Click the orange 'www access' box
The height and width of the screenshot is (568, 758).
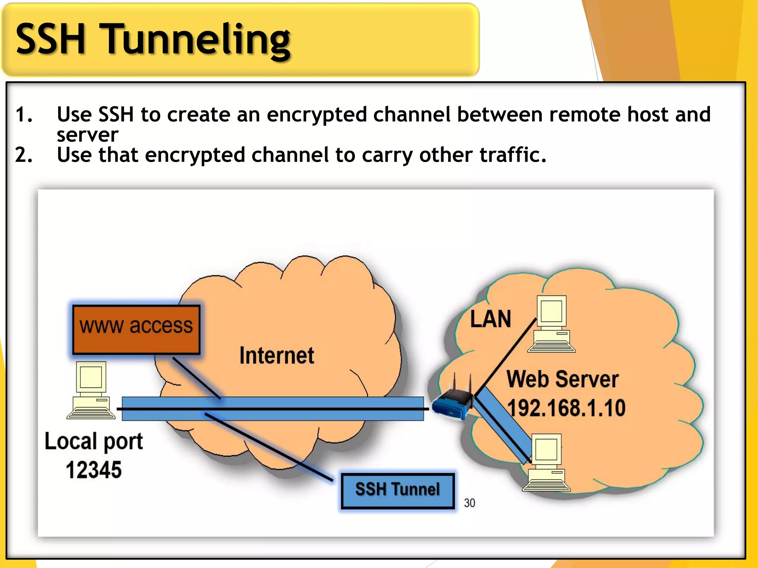click(x=136, y=329)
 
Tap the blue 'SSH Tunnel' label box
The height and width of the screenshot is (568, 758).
click(x=398, y=490)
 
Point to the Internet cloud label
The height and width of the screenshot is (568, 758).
click(x=276, y=356)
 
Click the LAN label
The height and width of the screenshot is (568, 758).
click(x=490, y=319)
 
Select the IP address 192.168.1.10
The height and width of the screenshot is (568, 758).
click(x=566, y=408)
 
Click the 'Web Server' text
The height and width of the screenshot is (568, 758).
click(x=562, y=379)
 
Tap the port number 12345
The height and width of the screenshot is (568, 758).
click(x=94, y=470)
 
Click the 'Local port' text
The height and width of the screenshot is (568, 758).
click(x=94, y=442)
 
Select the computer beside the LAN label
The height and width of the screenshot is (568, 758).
click(x=551, y=324)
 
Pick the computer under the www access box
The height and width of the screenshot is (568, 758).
click(x=91, y=390)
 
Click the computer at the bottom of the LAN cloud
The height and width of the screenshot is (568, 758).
click(x=546, y=463)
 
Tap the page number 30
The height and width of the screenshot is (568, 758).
click(x=469, y=503)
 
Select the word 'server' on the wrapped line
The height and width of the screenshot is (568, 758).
click(x=87, y=135)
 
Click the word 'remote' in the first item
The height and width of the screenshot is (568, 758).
click(x=584, y=114)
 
